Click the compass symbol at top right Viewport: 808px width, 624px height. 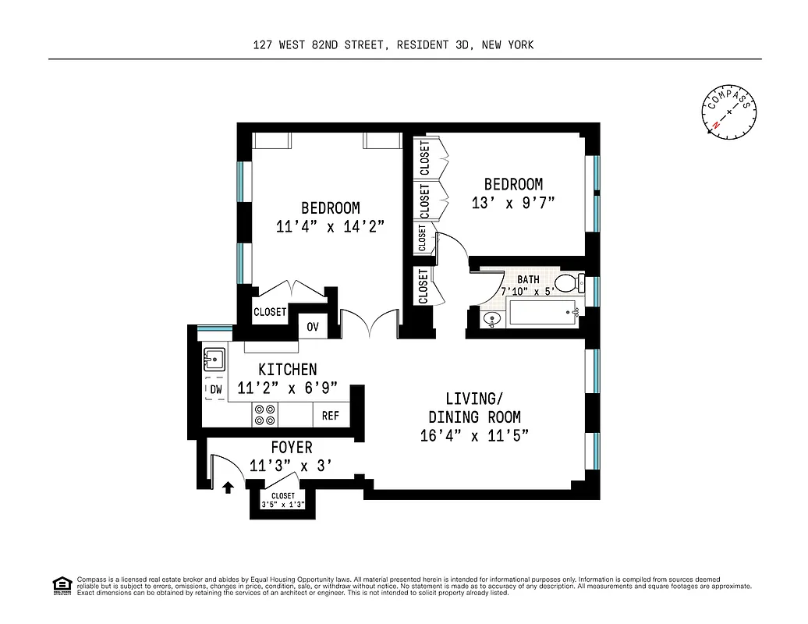point(729,114)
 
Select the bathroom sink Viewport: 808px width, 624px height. point(490,317)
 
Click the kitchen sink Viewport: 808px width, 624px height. point(214,360)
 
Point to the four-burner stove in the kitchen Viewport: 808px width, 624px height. point(265,415)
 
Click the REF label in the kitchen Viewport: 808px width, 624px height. point(331,416)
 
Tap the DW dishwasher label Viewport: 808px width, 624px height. point(215,389)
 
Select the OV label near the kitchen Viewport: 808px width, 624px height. point(313,327)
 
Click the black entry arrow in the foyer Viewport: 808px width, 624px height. point(228,487)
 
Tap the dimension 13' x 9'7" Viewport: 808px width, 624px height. point(513,203)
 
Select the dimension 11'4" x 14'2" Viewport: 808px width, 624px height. point(331,227)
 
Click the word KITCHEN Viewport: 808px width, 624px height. point(288,370)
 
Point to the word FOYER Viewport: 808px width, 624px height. point(292,448)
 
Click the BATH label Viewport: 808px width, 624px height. point(528,279)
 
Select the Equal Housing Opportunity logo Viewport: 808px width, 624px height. point(62,585)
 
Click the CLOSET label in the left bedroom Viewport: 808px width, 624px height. point(270,312)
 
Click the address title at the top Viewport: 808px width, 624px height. point(394,45)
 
